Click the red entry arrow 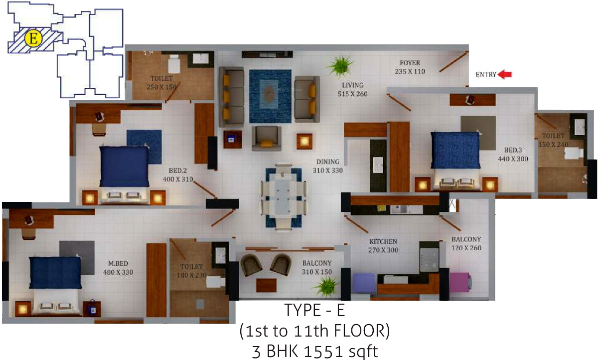pyautogui.click(x=505, y=75)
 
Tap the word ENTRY pyautogui.click(x=486, y=75)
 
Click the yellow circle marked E pyautogui.click(x=33, y=39)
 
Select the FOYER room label pyautogui.click(x=410, y=63)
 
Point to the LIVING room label pyautogui.click(x=352, y=85)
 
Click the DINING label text pyautogui.click(x=327, y=162)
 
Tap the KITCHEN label pyautogui.click(x=383, y=241)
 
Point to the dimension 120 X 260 pyautogui.click(x=466, y=248)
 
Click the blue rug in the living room pyautogui.click(x=270, y=96)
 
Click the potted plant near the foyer pyautogui.click(x=340, y=65)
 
